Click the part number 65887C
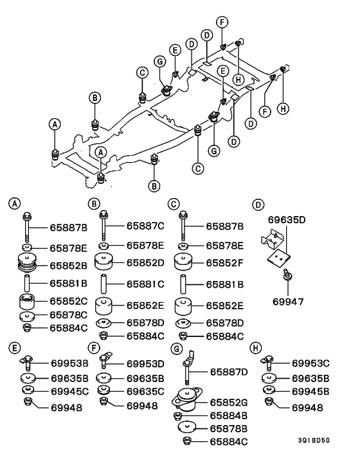click(x=145, y=226)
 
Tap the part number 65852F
click(x=225, y=263)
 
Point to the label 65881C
click(x=145, y=283)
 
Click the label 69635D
click(x=287, y=220)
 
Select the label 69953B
click(x=69, y=363)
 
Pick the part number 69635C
click(x=145, y=390)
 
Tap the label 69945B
click(x=311, y=390)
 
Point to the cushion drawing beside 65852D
click(x=104, y=263)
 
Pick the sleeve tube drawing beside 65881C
click(x=104, y=283)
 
